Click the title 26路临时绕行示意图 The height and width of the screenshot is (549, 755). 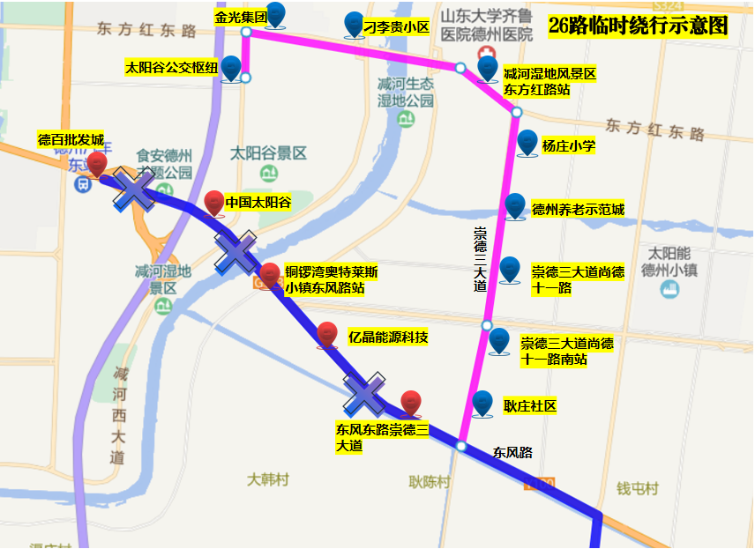coord(638,26)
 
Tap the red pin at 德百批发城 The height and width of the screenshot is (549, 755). coord(97,163)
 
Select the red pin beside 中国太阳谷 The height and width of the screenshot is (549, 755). coord(214,203)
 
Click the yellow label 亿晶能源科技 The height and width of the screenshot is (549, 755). coord(388,337)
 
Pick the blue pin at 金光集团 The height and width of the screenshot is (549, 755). coord(276,14)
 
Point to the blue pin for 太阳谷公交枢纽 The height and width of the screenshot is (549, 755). coord(231,68)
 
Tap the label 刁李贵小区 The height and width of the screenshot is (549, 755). coord(398,27)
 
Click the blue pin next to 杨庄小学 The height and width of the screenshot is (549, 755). coord(527,142)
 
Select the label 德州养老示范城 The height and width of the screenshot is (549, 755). coord(578,210)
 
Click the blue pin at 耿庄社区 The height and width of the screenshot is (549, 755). coord(482,403)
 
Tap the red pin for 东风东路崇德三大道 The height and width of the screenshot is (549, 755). coord(410,403)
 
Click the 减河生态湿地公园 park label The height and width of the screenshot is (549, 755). coord(406,92)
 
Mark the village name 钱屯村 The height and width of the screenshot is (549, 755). coord(637,488)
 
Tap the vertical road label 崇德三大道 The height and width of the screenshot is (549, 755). coord(481,259)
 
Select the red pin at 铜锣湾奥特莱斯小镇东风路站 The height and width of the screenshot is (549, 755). coord(270,275)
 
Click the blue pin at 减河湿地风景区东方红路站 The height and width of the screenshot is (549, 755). coord(487,69)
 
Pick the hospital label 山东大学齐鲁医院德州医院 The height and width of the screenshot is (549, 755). coord(487,26)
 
